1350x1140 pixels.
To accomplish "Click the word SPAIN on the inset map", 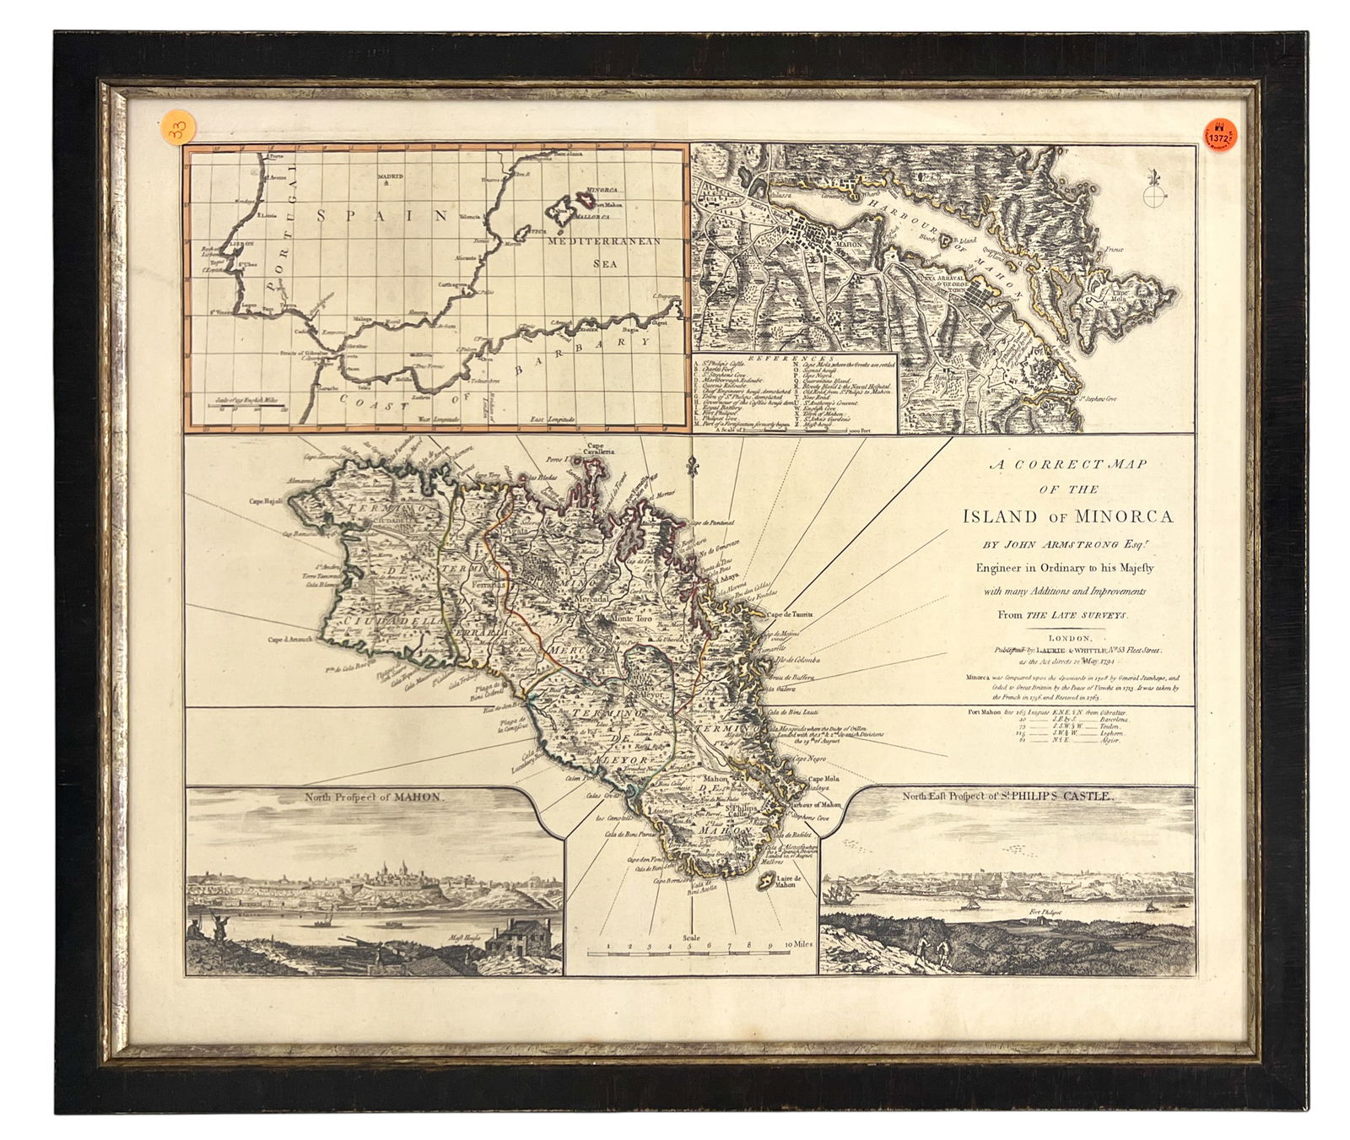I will tap(382, 215).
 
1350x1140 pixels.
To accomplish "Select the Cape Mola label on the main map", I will tap(827, 780).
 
